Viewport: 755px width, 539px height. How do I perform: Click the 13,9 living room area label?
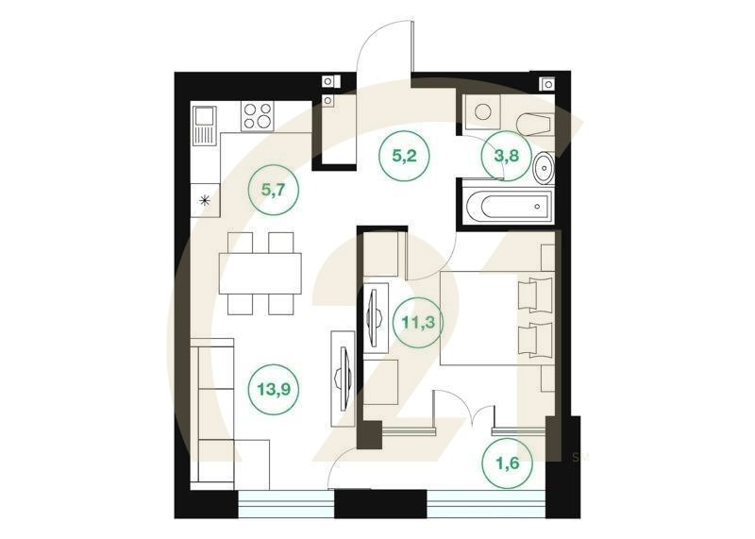pyautogui.click(x=273, y=385)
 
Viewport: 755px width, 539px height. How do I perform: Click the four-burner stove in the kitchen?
pyautogui.click(x=258, y=115)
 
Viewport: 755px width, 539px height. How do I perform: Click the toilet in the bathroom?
pyautogui.click(x=534, y=123)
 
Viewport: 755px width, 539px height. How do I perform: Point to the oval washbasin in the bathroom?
pyautogui.click(x=545, y=170)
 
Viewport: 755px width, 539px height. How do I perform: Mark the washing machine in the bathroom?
pyautogui.click(x=482, y=113)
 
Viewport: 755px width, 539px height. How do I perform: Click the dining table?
pyautogui.click(x=260, y=274)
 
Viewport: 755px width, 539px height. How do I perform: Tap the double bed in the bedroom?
pyautogui.click(x=491, y=317)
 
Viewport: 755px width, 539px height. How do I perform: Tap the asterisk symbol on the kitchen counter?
pyautogui.click(x=204, y=199)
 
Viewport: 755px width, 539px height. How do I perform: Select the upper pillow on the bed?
pyautogui.click(x=540, y=295)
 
